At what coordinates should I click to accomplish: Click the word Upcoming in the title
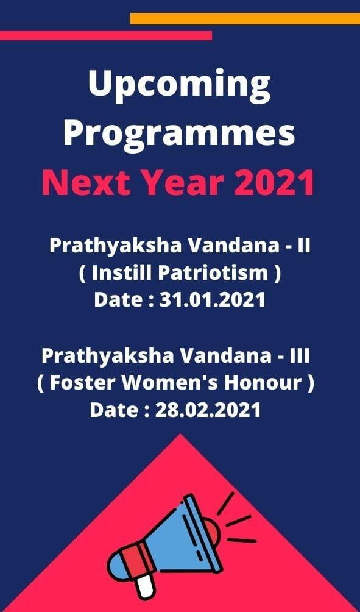coord(180,86)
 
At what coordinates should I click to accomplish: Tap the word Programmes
coord(180,133)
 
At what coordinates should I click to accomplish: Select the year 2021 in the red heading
coord(274,183)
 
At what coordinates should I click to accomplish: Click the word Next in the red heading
coord(86,183)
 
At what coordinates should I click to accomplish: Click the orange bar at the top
coord(245,19)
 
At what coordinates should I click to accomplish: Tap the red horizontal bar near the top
coord(106,35)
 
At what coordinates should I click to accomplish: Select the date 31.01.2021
coord(213,300)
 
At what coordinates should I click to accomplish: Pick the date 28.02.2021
coord(208,410)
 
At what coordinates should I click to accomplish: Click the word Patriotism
coord(213,273)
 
